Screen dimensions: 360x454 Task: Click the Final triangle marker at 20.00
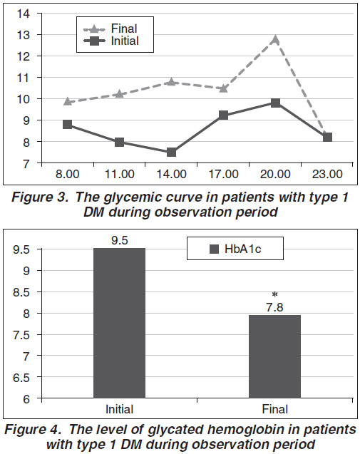coord(275,39)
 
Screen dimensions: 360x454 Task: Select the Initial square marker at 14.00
coord(172,153)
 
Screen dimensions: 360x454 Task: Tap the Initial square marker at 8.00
coord(68,125)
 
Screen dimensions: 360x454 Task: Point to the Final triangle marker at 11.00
coord(119,93)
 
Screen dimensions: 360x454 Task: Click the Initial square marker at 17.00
coord(223,115)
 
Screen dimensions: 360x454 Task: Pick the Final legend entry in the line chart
coord(110,29)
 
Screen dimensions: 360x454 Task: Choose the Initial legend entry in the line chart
coord(110,41)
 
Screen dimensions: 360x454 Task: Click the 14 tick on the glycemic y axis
coord(24,14)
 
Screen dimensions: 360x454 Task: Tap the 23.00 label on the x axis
coord(327,175)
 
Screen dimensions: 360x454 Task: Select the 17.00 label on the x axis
coord(223,175)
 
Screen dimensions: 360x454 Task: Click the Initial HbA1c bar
coord(119,323)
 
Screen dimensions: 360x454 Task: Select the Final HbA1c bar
coord(275,356)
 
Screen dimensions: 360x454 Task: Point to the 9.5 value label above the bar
coord(120,240)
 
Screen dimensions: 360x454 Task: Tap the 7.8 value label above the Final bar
coord(275,307)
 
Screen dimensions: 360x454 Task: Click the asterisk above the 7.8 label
coord(275,295)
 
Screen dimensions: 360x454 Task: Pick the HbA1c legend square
coord(214,249)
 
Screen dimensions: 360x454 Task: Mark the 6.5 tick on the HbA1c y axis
coord(21,378)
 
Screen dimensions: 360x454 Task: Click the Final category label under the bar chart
coord(275,409)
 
